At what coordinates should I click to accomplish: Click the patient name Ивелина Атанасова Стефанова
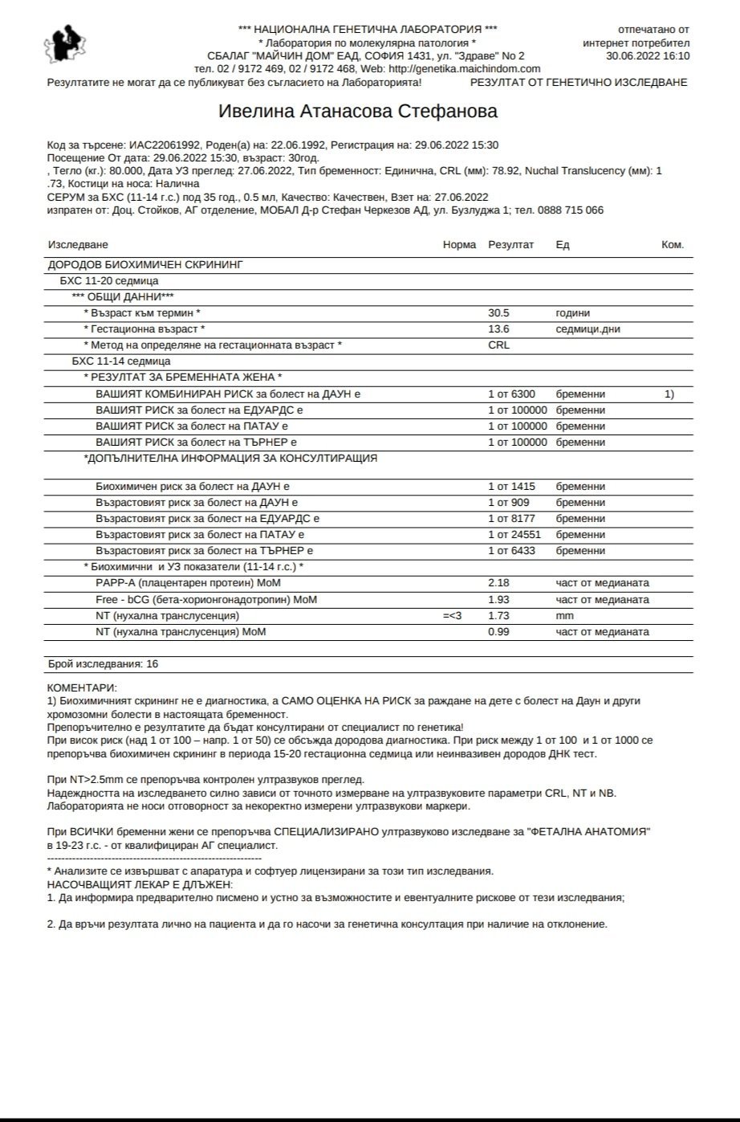[358, 112]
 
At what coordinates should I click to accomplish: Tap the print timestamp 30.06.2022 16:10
[648, 56]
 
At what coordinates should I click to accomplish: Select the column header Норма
[459, 245]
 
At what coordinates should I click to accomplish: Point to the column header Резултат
[510, 245]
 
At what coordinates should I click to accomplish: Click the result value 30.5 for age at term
[498, 313]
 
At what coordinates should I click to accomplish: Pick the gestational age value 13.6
[498, 329]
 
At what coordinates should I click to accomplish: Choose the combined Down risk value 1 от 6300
[511, 394]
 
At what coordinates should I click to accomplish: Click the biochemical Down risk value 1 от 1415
[511, 487]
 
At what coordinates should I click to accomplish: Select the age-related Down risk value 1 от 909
[509, 503]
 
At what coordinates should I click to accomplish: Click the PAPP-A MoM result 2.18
[498, 583]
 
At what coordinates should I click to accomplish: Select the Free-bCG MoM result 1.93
[498, 600]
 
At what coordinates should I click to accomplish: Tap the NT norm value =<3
[453, 616]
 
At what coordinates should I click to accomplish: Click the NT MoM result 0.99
[498, 632]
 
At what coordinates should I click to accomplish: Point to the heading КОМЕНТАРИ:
[82, 687]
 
